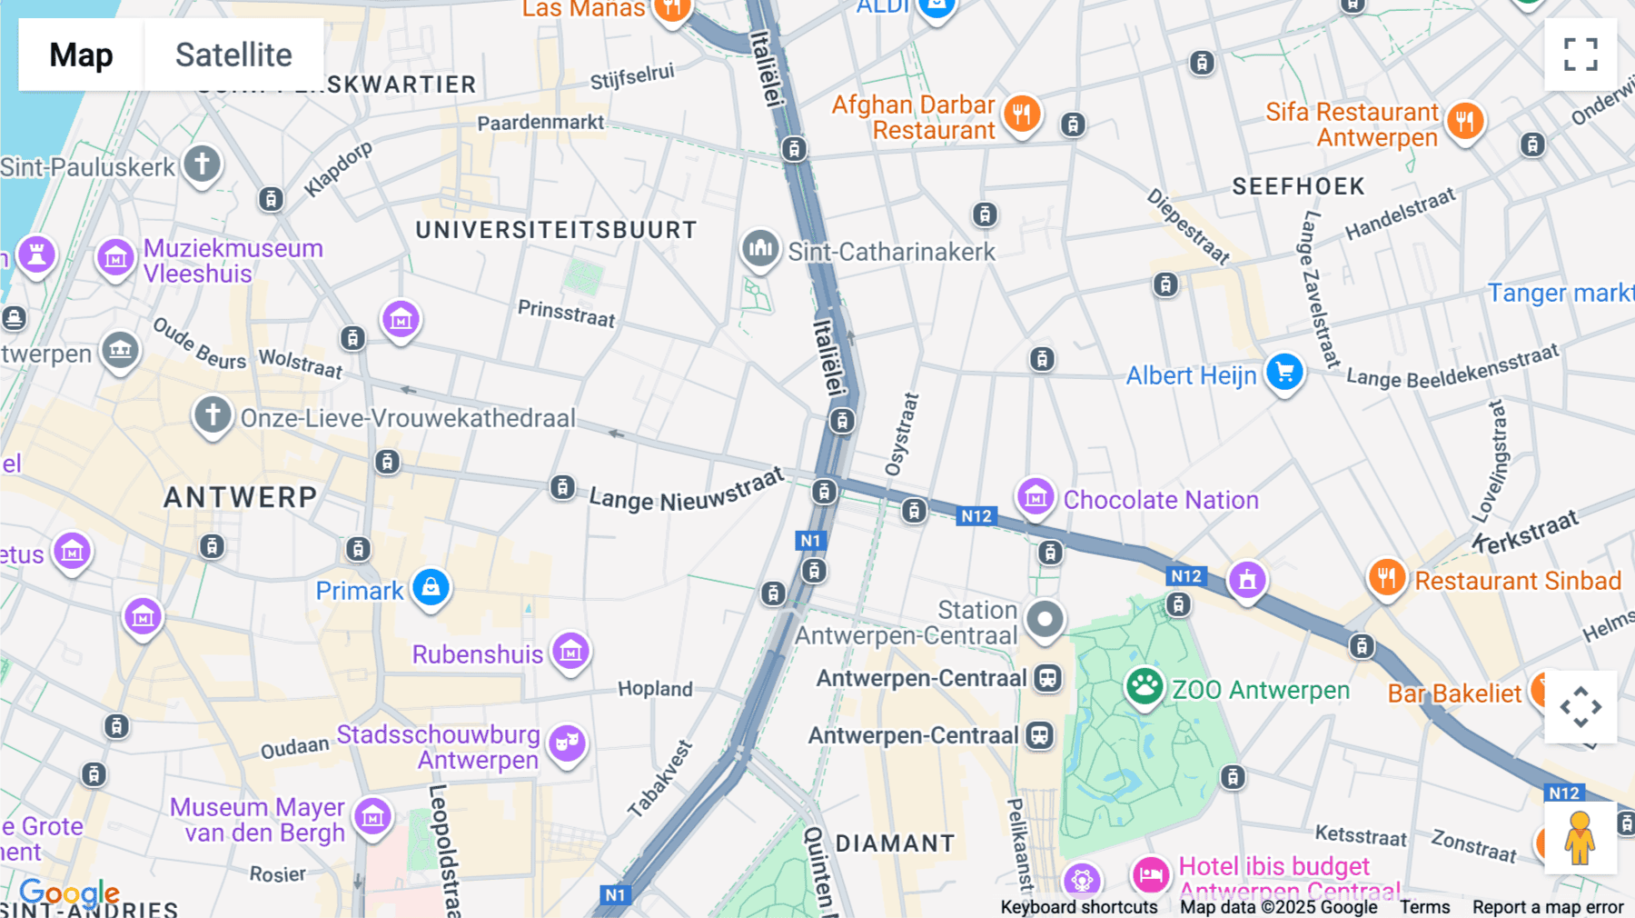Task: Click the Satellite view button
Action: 233,55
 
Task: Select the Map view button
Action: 81,55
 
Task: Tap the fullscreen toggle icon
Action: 1580,55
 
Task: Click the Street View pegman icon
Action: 1580,838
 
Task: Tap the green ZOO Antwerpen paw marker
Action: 1144,687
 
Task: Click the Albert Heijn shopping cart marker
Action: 1284,373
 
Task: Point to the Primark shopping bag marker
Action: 431,588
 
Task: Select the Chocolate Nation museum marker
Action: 1035,497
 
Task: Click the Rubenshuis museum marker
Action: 571,652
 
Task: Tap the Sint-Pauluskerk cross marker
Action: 202,165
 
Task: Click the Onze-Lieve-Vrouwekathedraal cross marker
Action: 213,415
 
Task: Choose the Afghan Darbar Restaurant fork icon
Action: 1022,115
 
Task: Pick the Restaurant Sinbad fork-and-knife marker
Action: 1386,577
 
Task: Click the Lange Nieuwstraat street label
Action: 686,492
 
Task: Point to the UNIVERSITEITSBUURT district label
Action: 556,230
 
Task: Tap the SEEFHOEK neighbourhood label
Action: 1298,186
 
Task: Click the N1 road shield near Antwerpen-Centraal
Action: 809,541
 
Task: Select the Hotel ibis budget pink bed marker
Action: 1151,875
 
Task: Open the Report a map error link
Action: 1548,907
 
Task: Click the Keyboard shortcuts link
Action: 1078,907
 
